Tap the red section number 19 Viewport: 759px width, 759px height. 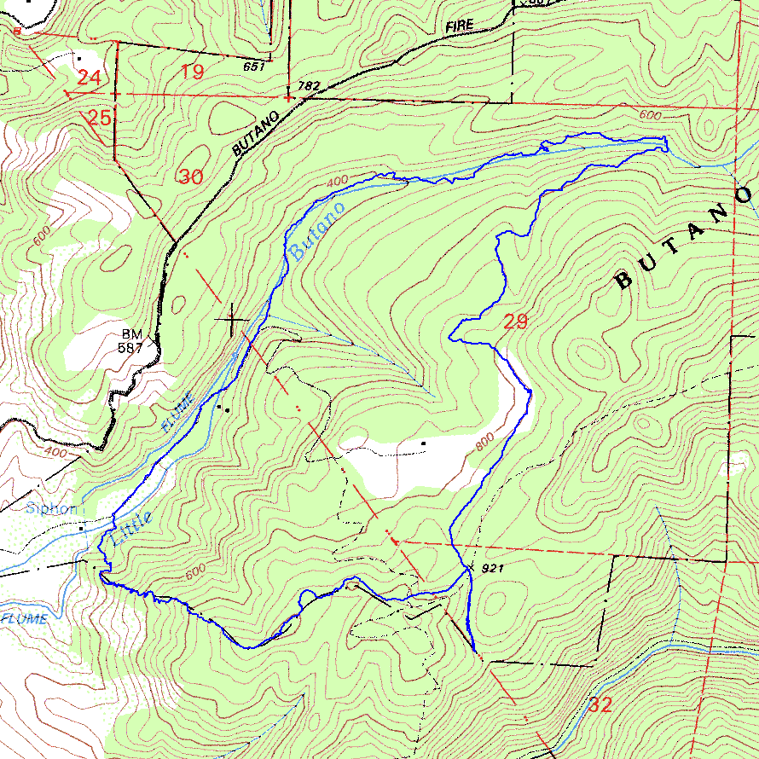pyautogui.click(x=193, y=72)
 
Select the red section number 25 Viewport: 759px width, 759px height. pyautogui.click(x=100, y=118)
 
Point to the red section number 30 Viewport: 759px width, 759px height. pyautogui.click(x=191, y=177)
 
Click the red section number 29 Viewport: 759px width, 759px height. pyautogui.click(x=515, y=322)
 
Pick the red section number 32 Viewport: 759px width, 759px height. pyautogui.click(x=600, y=705)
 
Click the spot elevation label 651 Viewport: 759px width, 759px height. pyautogui.click(x=254, y=66)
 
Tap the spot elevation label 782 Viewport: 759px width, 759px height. pyautogui.click(x=309, y=86)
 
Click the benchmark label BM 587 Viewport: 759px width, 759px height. pyautogui.click(x=130, y=341)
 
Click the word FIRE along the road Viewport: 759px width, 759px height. pyautogui.click(x=458, y=26)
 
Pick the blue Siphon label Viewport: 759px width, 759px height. pyautogui.click(x=51, y=509)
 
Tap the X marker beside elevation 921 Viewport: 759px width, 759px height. pyautogui.click(x=470, y=566)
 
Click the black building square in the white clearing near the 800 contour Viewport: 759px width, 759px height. pyautogui.click(x=423, y=443)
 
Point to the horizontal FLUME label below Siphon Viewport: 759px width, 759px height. pyautogui.click(x=23, y=619)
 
